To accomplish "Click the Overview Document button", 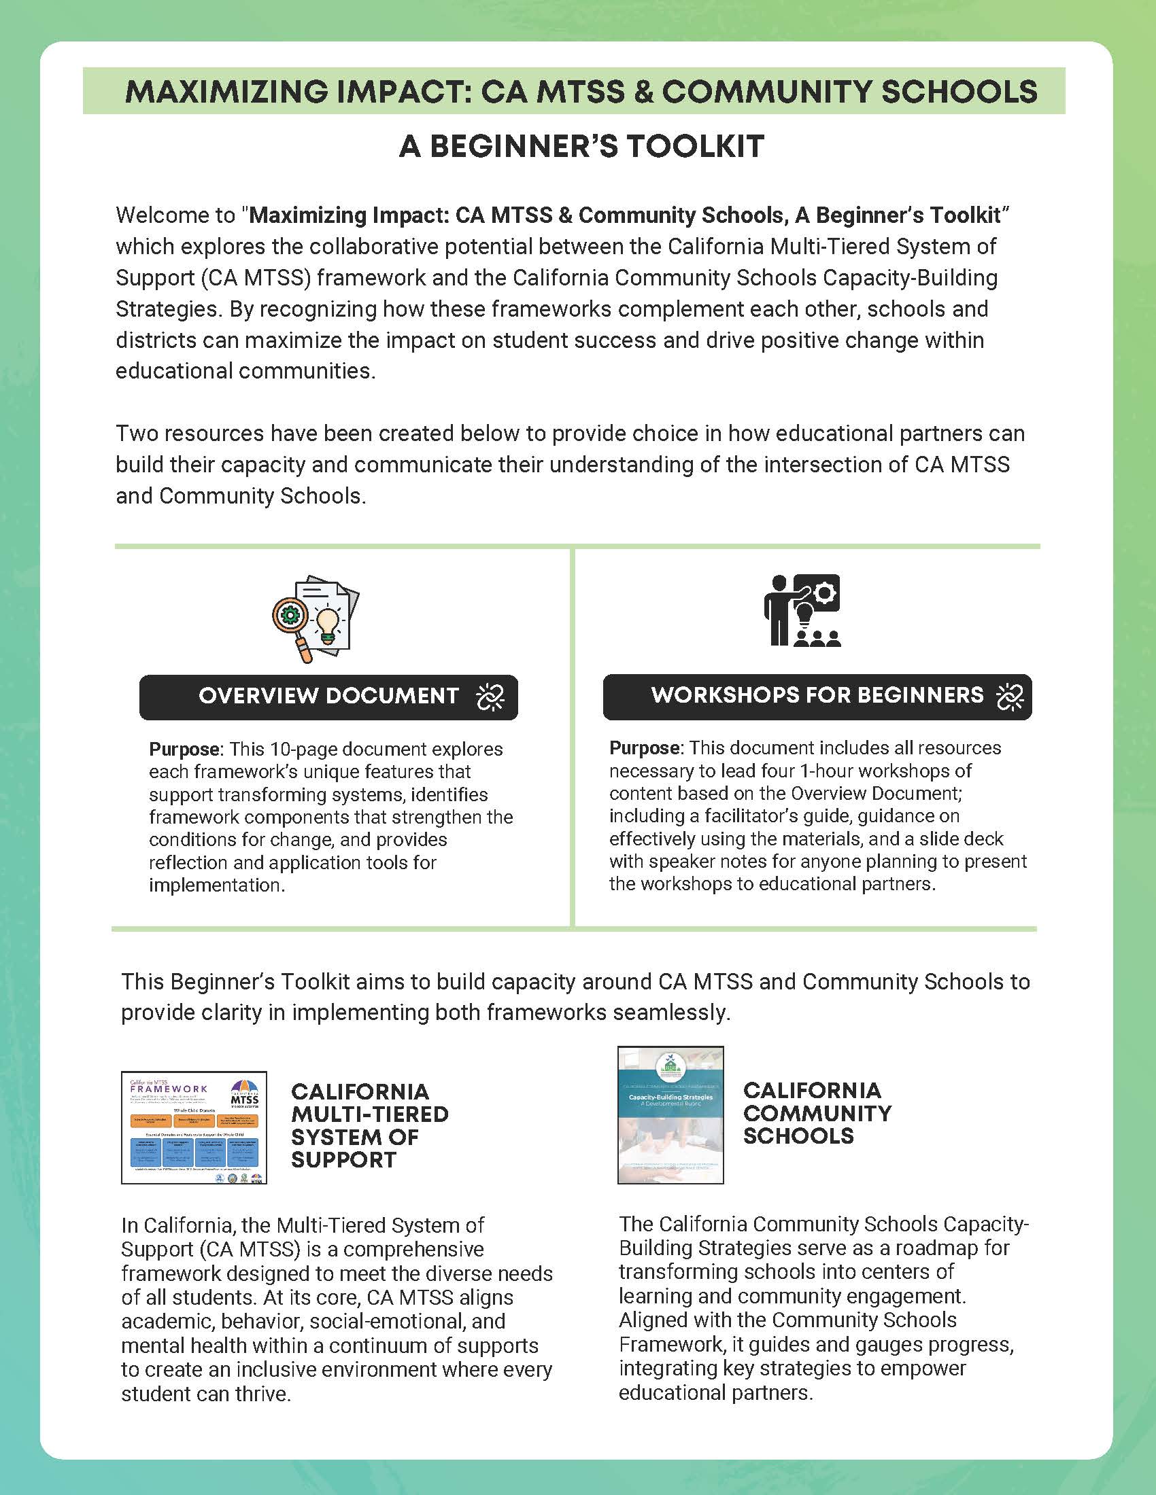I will click(328, 697).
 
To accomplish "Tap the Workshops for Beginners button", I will click(816, 696).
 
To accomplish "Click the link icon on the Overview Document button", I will click(490, 697).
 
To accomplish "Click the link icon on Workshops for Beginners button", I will click(1009, 696).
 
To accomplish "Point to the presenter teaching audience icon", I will click(802, 611).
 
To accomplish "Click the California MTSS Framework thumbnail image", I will click(194, 1127).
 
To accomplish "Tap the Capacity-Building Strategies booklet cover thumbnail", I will click(670, 1115).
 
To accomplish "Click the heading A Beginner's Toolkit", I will click(581, 147).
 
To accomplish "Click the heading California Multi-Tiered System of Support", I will click(369, 1125).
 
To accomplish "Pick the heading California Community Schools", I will click(817, 1113).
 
